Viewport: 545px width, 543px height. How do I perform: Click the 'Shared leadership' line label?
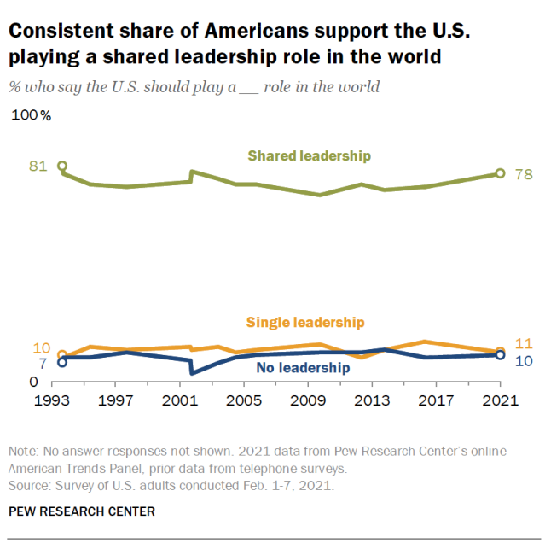[x=309, y=155]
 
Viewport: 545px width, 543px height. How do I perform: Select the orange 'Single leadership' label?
[x=305, y=322]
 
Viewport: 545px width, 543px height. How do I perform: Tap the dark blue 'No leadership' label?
[x=303, y=368]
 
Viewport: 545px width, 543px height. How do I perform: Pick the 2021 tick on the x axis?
[x=499, y=400]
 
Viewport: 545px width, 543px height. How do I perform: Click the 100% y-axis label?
[x=32, y=116]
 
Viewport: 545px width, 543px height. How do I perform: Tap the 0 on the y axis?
[x=33, y=383]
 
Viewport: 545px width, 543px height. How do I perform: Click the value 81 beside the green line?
[x=38, y=166]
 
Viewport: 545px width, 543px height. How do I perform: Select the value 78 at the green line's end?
[x=524, y=175]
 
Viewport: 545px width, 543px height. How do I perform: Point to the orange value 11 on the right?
[x=524, y=343]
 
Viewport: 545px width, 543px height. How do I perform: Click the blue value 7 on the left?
[x=43, y=364]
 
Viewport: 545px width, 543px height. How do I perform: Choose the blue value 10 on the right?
[x=524, y=361]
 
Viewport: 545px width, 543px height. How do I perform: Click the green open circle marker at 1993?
[x=61, y=166]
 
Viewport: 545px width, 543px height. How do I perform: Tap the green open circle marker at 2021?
[x=500, y=173]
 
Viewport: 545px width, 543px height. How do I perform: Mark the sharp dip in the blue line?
[x=192, y=373]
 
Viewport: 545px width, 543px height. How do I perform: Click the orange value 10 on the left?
[x=41, y=347]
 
